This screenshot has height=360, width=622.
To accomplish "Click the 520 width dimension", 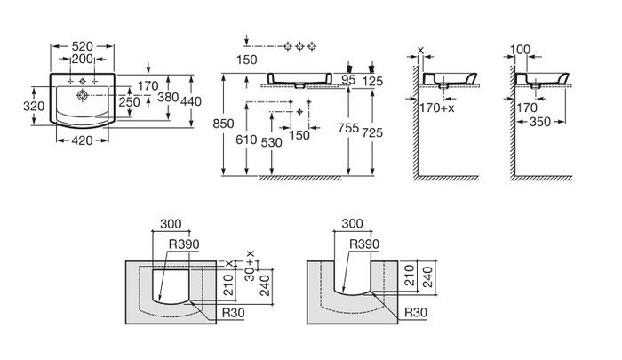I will point(84,44).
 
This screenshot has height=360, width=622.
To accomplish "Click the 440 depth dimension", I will point(190,101).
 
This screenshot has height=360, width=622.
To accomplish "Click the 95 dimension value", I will point(348,81).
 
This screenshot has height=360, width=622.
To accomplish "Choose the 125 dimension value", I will point(373,82).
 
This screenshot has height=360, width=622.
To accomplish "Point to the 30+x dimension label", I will point(250,262).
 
